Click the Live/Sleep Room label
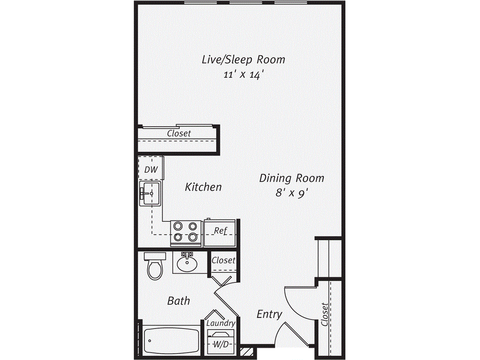[x=243, y=60]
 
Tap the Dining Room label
[x=292, y=179]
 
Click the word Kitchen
[x=203, y=187]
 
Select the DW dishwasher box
[x=150, y=169]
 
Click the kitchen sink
[x=150, y=193]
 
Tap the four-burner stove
[x=186, y=232]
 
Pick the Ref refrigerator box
[x=220, y=231]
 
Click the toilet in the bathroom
[x=154, y=266]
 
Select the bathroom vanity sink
[x=187, y=262]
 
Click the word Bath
[x=179, y=300]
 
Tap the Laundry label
[x=220, y=323]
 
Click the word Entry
[x=269, y=314]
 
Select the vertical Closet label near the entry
[x=325, y=314]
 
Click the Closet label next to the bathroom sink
[x=223, y=260]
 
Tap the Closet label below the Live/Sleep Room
[x=179, y=134]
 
